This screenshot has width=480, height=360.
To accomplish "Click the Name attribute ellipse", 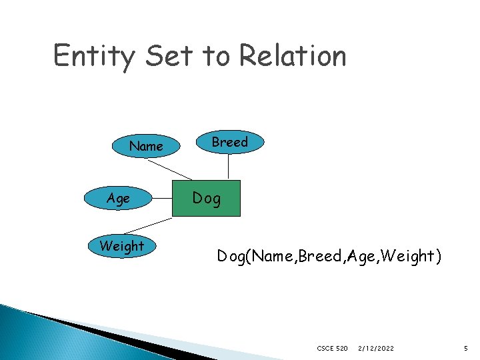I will (x=146, y=146).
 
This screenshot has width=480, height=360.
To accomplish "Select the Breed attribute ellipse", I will (x=229, y=142).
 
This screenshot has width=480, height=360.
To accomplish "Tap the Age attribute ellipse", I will (x=119, y=199).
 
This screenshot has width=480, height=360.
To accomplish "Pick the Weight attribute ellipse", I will (x=121, y=246).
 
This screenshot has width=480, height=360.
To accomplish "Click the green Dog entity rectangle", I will (x=206, y=198).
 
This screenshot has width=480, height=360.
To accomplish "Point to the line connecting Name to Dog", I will (x=169, y=169).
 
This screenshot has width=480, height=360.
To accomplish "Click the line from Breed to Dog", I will (x=229, y=167).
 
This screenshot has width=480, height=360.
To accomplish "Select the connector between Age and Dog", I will (x=162, y=199).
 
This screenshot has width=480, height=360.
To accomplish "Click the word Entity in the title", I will (x=93, y=56).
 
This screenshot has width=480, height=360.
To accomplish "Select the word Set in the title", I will (x=169, y=56).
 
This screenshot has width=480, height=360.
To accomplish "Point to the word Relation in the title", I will (x=293, y=56).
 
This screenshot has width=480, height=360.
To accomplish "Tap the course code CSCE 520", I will (x=333, y=348).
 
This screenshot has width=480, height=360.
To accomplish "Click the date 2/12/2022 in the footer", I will (x=376, y=348).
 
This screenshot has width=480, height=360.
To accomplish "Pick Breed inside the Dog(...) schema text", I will (x=319, y=256).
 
